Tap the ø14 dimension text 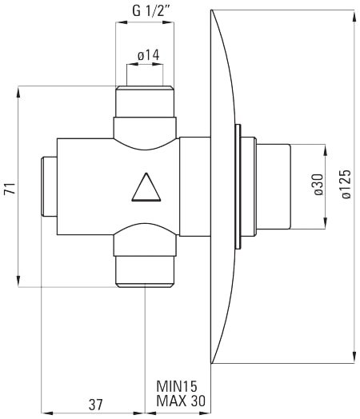click(x=150, y=55)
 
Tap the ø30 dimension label click(x=318, y=186)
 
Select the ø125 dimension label click(x=345, y=183)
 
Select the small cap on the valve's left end click(x=49, y=186)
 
